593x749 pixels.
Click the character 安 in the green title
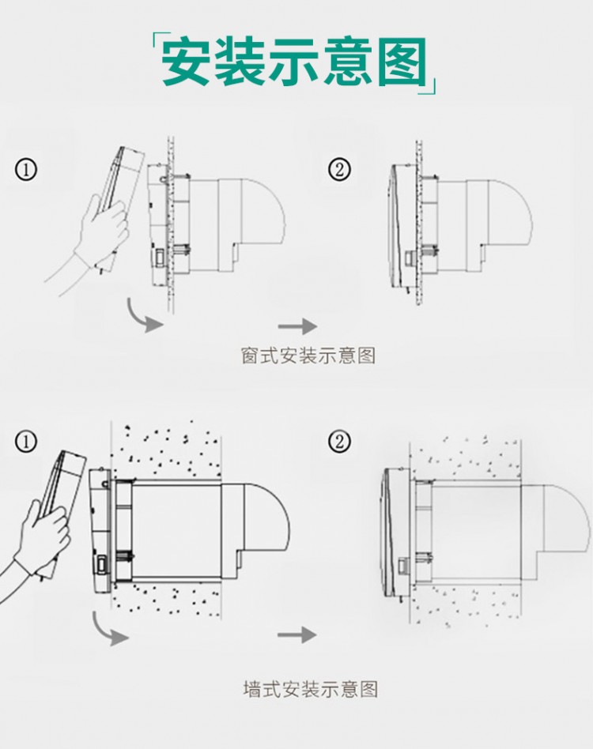click(x=185, y=62)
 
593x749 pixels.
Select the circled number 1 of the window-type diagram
click(x=26, y=170)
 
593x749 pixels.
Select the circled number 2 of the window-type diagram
click(x=339, y=169)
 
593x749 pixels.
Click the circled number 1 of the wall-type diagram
click(x=26, y=442)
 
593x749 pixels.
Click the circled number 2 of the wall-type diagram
click(x=339, y=442)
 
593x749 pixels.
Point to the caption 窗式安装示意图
click(x=308, y=356)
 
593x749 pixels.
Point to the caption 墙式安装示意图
click(x=310, y=689)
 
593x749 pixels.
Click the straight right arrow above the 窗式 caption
click(x=298, y=326)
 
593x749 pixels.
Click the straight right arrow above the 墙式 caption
click(x=297, y=634)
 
